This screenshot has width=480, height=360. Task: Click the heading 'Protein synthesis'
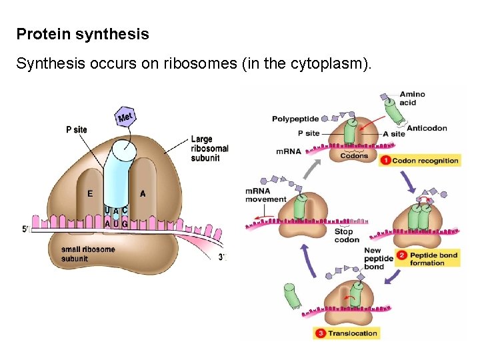coord(83,33)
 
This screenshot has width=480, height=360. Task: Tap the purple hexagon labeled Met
coord(125,117)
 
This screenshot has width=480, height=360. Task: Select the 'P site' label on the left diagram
coord(77,129)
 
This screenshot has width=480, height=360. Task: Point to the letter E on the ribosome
coord(89,194)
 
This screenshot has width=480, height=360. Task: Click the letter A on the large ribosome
coord(143,194)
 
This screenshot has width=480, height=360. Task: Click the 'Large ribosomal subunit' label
coord(209,149)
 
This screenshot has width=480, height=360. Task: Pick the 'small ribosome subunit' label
coord(83,253)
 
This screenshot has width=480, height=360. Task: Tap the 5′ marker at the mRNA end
coord(25,229)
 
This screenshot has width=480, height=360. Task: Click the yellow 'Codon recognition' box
coord(419,161)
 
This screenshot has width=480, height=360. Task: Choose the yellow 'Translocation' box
coord(346,333)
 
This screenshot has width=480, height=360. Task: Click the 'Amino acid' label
coord(412,98)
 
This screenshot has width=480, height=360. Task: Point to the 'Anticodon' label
coord(427,128)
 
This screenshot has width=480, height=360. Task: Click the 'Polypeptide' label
coord(295,119)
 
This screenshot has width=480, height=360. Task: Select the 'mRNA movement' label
coord(266,195)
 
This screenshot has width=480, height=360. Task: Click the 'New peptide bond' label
coord(374,259)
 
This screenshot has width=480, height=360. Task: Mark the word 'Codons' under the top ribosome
coord(354,156)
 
